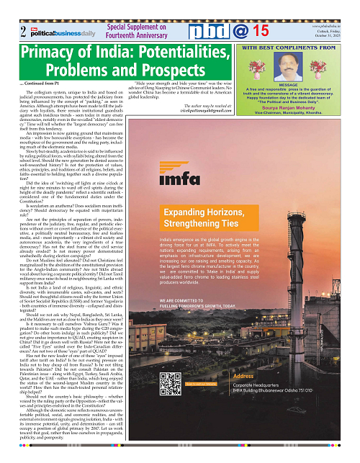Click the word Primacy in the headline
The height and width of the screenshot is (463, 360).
pos(52,54)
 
